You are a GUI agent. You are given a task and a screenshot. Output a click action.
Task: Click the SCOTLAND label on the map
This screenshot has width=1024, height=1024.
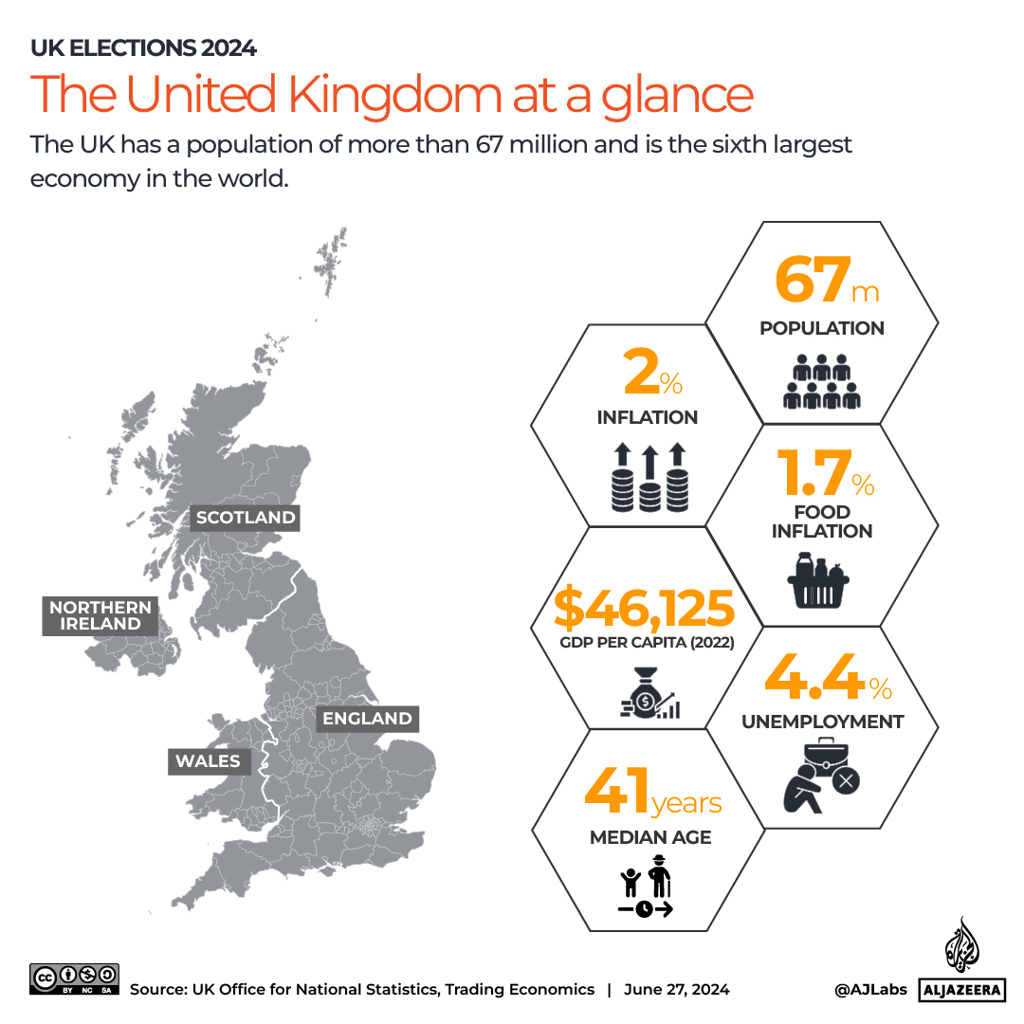tap(246, 518)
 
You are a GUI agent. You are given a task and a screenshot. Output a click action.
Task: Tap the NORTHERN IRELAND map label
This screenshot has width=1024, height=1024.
tap(101, 615)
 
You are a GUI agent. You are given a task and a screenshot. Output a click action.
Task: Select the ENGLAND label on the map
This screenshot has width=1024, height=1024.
tap(367, 719)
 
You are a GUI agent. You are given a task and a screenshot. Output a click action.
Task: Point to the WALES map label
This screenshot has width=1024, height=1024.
tap(208, 761)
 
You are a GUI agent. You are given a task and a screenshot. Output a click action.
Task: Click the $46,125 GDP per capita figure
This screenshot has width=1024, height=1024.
tap(645, 610)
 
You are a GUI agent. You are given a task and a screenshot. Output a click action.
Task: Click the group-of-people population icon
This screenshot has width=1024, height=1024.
tap(822, 381)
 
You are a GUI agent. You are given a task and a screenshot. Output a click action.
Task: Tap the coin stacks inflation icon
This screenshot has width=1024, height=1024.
tap(649, 477)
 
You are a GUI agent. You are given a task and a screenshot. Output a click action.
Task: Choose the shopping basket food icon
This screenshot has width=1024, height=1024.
tap(816, 579)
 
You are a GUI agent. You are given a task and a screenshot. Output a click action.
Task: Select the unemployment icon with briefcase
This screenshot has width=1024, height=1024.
tap(821, 775)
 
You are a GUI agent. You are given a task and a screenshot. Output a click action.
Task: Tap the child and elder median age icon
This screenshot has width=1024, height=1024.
tap(646, 887)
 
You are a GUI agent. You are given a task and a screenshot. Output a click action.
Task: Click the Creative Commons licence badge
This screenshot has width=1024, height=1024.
tap(75, 978)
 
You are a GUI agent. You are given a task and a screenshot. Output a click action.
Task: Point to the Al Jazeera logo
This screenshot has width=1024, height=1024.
tap(960, 962)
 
